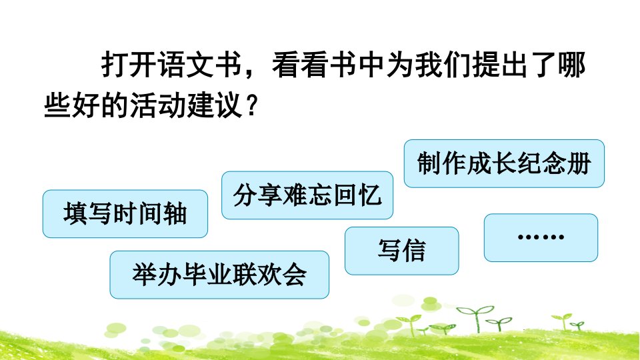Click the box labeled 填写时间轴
[x=125, y=214]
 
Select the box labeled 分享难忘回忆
[x=307, y=195]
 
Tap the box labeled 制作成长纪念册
[x=504, y=164]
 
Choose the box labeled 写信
[x=401, y=251]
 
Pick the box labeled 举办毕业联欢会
[x=219, y=275]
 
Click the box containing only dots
[x=541, y=237]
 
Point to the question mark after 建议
[x=252, y=105]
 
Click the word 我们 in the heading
[x=443, y=65]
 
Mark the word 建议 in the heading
[x=215, y=105]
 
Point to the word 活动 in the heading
[x=157, y=105]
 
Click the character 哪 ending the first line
[x=572, y=65]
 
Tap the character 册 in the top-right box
[x=579, y=164]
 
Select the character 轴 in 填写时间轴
[x=175, y=214]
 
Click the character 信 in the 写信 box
[x=414, y=251]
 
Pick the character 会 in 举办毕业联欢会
[x=294, y=275]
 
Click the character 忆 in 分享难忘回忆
[x=370, y=195]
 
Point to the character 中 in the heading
[x=372, y=65]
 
